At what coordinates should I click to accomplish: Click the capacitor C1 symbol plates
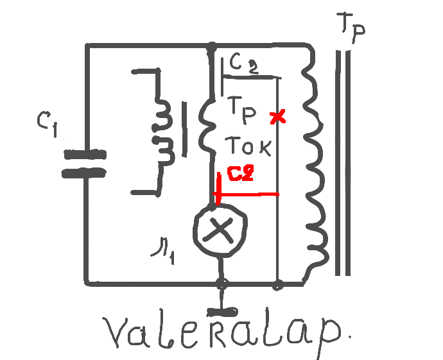pyautogui.click(x=83, y=163)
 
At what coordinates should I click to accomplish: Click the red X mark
pyautogui.click(x=277, y=117)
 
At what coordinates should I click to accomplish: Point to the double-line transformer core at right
pyautogui.click(x=345, y=160)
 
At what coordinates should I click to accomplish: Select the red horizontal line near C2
pyautogui.click(x=250, y=194)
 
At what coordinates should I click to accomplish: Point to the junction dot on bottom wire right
pyautogui.click(x=277, y=283)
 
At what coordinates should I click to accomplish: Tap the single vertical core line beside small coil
pyautogui.click(x=185, y=128)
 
